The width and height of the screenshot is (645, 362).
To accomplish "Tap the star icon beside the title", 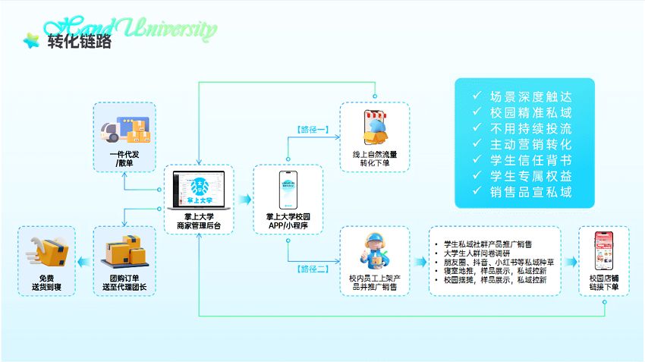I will coord(32,41).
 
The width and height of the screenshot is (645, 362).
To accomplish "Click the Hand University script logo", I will coord(131,29).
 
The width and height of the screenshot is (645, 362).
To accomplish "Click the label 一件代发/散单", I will coord(124,159).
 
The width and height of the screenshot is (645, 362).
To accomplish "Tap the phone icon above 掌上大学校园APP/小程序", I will coord(288,190).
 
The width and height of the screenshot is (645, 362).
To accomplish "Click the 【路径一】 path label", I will coord(311,130).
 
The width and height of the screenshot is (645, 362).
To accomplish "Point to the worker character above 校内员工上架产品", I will coord(374,250).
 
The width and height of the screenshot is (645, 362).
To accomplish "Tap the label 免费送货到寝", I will coord(46,283).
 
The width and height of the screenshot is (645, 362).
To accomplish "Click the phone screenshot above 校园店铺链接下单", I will coord(603,250).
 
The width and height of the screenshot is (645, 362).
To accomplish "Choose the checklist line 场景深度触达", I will coord(530,97).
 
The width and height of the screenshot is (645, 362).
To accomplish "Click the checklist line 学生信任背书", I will coord(530,160).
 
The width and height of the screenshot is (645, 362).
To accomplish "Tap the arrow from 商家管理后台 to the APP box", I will coord(244,199).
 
